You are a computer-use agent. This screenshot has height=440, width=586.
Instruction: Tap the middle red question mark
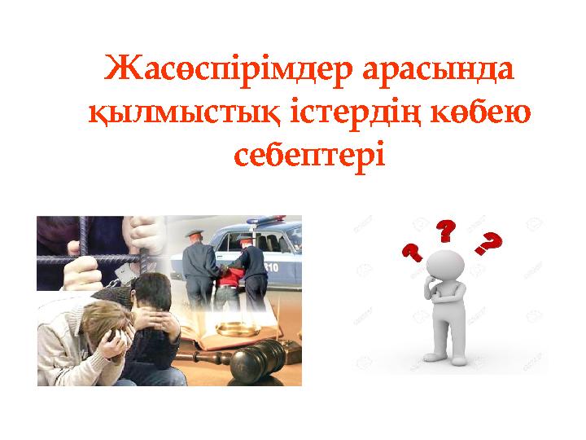click(x=446, y=231)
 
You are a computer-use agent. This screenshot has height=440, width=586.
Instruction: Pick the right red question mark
click(x=490, y=243)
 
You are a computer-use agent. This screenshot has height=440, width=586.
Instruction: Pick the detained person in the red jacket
click(x=232, y=277)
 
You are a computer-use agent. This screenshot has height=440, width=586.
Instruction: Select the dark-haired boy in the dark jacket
click(x=155, y=318)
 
